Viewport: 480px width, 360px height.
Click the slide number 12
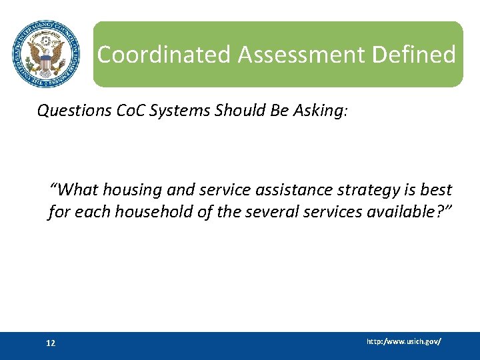coord(51,343)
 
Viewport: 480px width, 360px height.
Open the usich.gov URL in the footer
coord(403,341)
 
